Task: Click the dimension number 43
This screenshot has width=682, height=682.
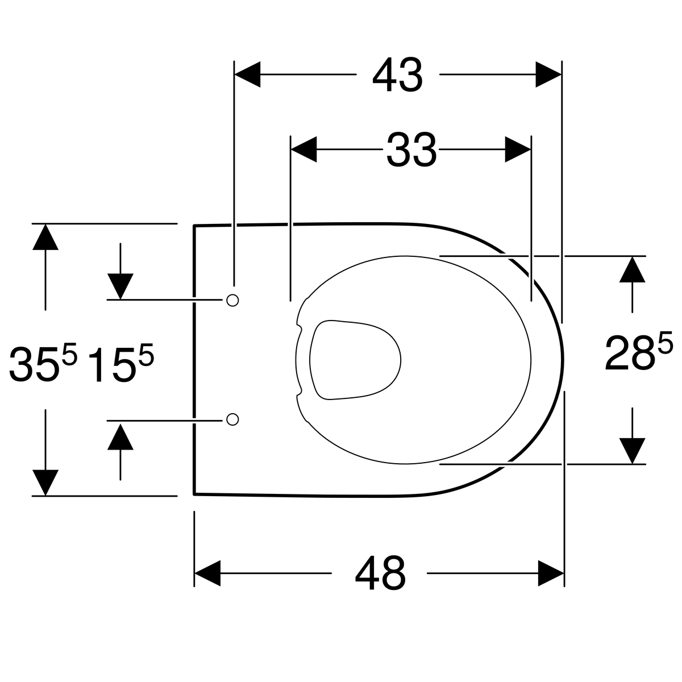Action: pos(397,76)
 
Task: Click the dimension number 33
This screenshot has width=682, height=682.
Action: pos(411,150)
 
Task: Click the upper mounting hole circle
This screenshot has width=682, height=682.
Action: pos(232,300)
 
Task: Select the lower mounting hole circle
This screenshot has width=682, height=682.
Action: pos(232,419)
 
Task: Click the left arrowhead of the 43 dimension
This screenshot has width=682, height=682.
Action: pos(247,74)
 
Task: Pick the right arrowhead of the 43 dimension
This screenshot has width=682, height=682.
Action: pos(548,74)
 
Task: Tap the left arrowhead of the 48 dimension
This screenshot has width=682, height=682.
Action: pos(207,573)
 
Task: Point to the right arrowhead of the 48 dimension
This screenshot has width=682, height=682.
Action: pos(551,573)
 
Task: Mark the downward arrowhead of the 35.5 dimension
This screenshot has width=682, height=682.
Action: pos(45,482)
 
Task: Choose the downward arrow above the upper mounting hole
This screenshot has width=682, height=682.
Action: pos(120,286)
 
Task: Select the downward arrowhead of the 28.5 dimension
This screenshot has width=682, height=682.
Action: pos(632,451)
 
